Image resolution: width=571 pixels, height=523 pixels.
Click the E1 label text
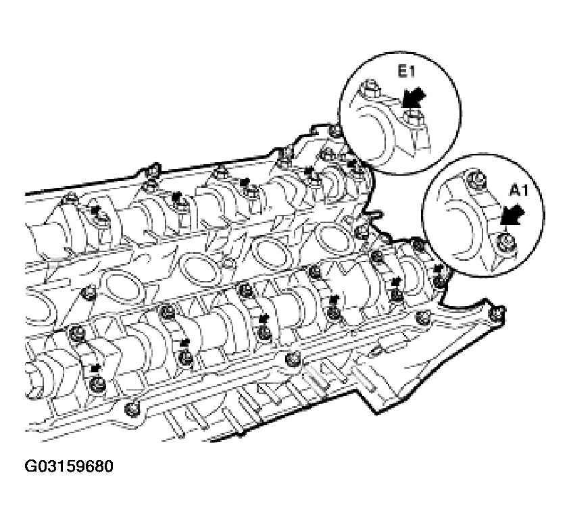405,72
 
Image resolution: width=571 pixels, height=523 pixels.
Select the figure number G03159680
69,466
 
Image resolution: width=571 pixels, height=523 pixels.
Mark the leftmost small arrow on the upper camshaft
96,209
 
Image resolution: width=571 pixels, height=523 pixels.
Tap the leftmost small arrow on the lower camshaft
95,368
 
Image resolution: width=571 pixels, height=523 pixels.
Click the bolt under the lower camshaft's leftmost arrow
98,384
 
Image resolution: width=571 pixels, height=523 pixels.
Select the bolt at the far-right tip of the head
498,313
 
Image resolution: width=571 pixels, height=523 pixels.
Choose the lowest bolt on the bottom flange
132,409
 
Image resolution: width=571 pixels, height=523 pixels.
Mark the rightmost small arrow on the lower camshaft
439,270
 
